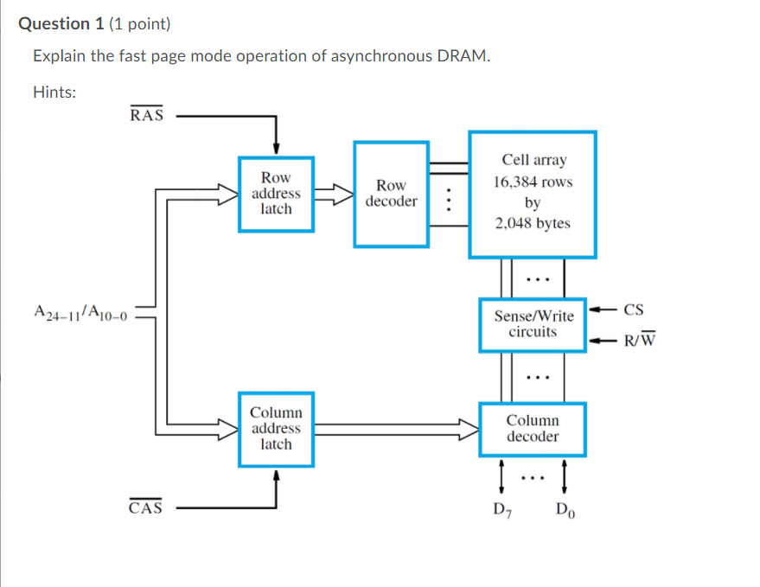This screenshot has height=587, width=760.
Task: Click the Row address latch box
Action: click(276, 194)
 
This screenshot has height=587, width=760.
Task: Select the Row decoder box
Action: click(391, 194)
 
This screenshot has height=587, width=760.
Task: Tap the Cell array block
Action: click(532, 194)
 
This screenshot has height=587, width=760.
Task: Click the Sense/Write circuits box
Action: click(533, 324)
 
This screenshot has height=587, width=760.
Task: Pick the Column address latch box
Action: click(276, 429)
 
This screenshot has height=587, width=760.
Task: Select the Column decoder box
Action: click(533, 429)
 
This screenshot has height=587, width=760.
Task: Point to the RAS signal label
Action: click(146, 116)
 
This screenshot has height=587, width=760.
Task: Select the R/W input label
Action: click(640, 340)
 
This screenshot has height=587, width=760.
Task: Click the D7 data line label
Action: click(501, 509)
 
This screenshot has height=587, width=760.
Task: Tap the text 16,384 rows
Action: click(533, 182)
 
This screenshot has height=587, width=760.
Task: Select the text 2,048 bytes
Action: click(533, 223)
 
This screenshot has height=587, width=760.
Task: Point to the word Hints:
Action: click(54, 91)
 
